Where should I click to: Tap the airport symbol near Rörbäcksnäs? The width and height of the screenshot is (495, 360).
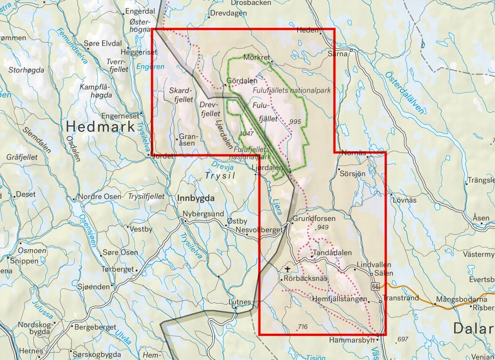point(287,270)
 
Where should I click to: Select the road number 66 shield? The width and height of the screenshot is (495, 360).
point(376,286)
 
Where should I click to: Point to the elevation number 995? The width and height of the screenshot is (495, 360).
point(295,122)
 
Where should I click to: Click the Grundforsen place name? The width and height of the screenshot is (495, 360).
point(314,218)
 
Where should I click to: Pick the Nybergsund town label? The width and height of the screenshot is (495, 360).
point(203,214)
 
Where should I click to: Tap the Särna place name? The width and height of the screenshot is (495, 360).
point(338,54)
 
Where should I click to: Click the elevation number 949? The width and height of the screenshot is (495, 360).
point(322,227)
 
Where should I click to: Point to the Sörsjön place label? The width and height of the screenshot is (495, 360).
point(353,174)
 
